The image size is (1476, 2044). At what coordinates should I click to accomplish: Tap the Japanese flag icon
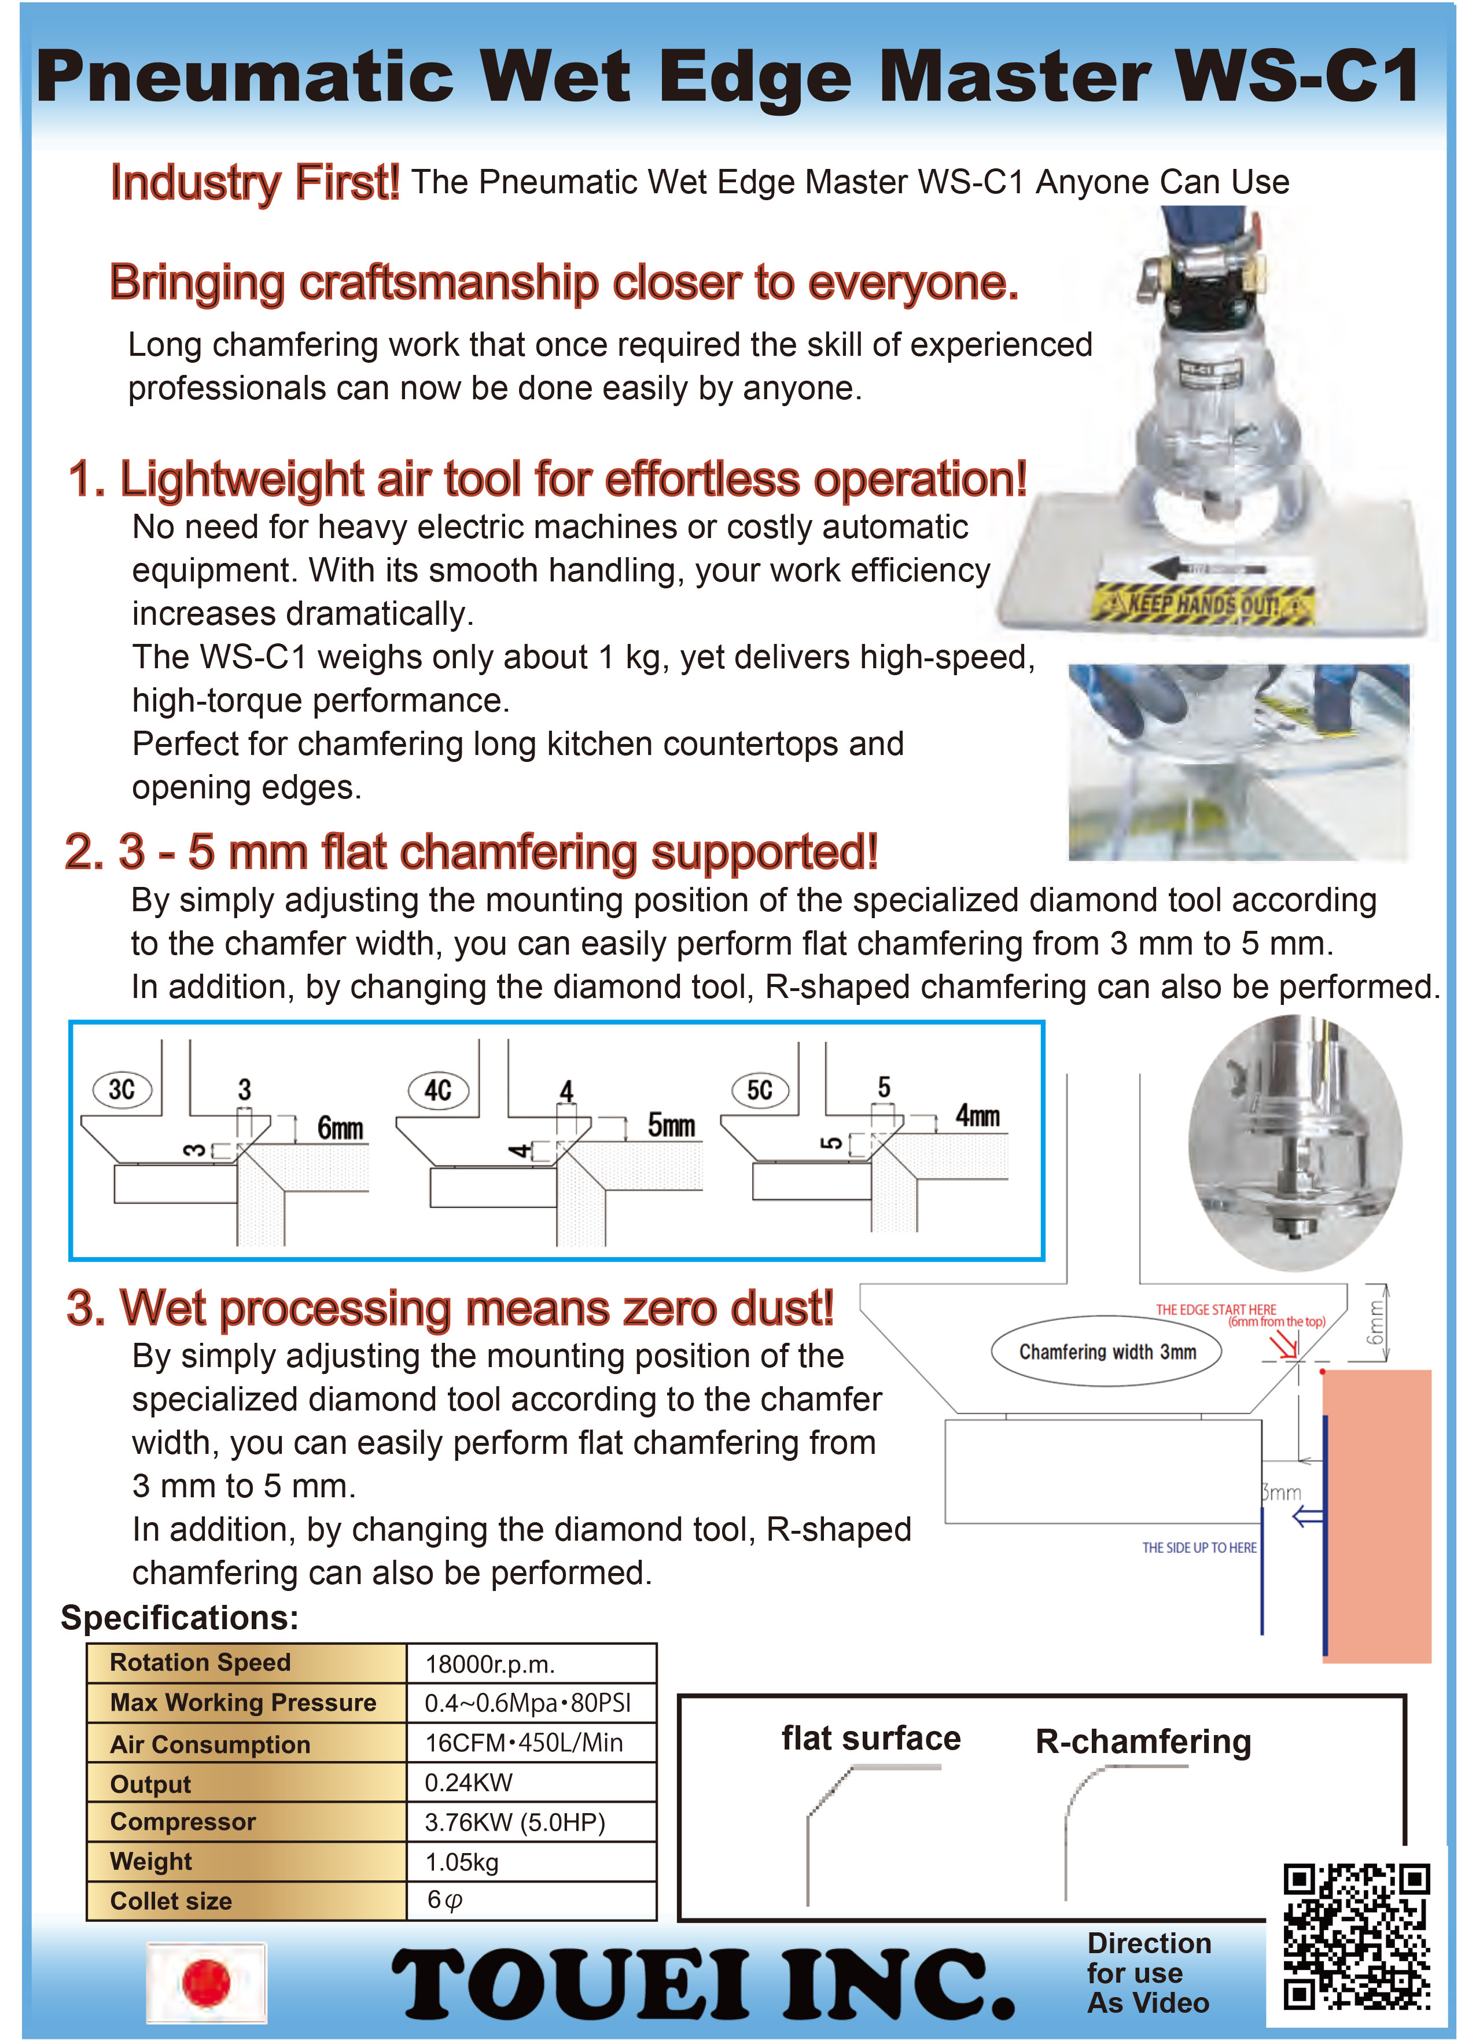pyautogui.click(x=207, y=1983)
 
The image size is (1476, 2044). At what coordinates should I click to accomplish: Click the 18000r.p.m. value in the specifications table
pyautogui.click(x=489, y=1664)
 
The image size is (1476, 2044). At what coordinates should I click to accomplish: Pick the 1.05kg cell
pyautogui.click(x=461, y=1862)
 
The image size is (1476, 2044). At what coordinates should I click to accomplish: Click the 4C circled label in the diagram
pyautogui.click(x=438, y=1091)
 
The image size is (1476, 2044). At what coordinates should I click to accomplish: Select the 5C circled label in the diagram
pyautogui.click(x=760, y=1091)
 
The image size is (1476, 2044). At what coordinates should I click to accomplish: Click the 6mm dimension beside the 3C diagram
pyautogui.click(x=340, y=1128)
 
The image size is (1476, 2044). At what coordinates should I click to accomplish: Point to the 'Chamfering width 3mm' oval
pyautogui.click(x=1106, y=1352)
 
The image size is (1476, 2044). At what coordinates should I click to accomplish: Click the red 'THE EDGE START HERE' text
pyautogui.click(x=1216, y=1309)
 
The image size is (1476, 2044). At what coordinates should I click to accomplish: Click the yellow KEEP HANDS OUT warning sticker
pyautogui.click(x=1202, y=603)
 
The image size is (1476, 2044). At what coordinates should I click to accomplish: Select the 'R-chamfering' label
pyautogui.click(x=1143, y=1741)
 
